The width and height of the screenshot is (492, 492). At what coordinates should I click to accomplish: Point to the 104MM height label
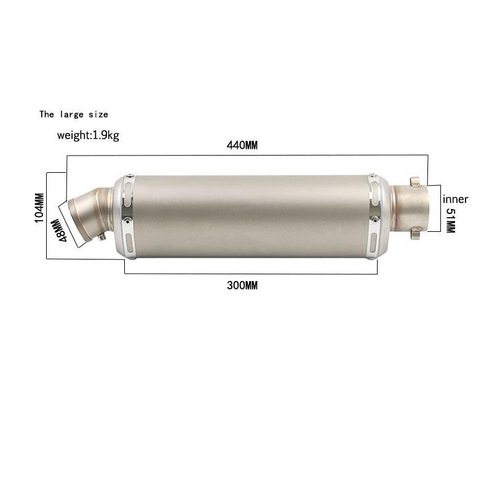pyautogui.click(x=39, y=208)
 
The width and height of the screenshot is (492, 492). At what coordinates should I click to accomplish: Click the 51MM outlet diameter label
pyautogui.click(x=450, y=220)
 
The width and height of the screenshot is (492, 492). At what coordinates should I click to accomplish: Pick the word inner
pyautogui.click(x=455, y=199)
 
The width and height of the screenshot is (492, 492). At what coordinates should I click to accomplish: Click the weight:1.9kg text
pyautogui.click(x=88, y=135)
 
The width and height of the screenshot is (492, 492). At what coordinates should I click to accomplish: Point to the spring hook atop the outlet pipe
pyautogui.click(x=415, y=182)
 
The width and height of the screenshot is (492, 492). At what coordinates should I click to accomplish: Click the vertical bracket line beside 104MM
pyautogui.click(x=47, y=215)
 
